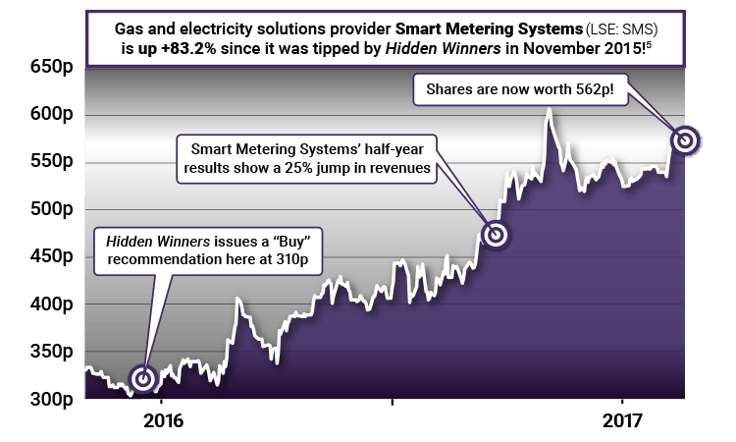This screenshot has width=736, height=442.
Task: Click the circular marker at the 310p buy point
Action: [144, 378]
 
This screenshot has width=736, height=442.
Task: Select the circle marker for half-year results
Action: [497, 235]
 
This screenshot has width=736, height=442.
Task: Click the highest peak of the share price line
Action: [550, 108]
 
